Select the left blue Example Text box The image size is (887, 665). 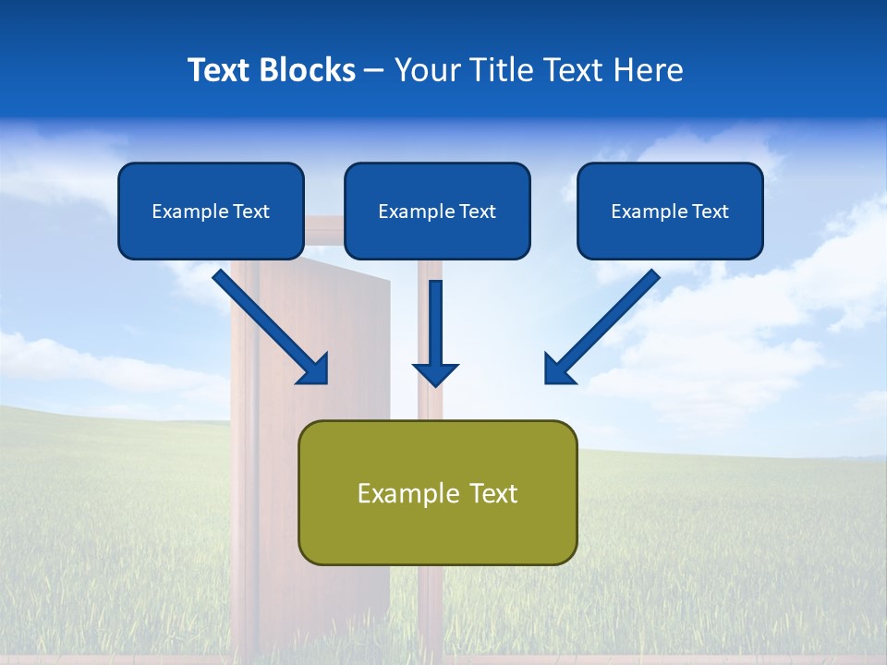tap(211, 211)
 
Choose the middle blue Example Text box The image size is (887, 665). tap(437, 211)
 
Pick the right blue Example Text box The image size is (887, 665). tap(670, 211)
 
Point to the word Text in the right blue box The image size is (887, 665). tap(710, 212)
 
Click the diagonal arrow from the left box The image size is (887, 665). tap(271, 327)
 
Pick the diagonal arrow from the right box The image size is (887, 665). tap(602, 327)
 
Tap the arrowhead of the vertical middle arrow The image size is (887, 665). tap(435, 374)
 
